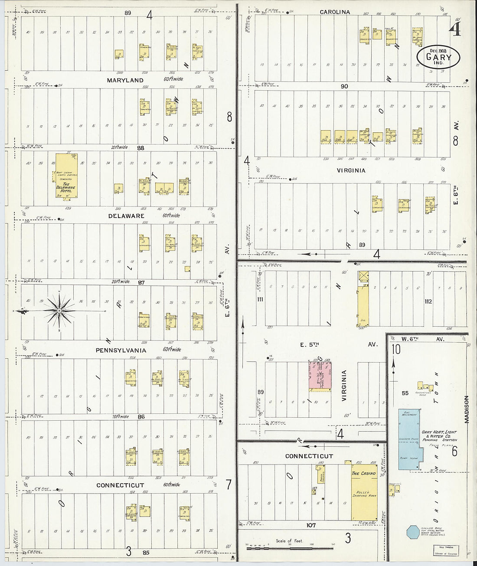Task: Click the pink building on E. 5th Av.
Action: tap(320, 376)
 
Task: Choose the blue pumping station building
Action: tap(408, 439)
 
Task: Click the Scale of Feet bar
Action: tap(288, 548)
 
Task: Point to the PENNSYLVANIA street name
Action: tap(121, 350)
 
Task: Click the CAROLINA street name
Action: tap(335, 12)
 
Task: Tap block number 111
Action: tap(260, 300)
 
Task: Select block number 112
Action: tap(428, 301)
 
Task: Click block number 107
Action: tap(310, 525)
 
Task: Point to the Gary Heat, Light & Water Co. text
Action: tap(439, 435)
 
